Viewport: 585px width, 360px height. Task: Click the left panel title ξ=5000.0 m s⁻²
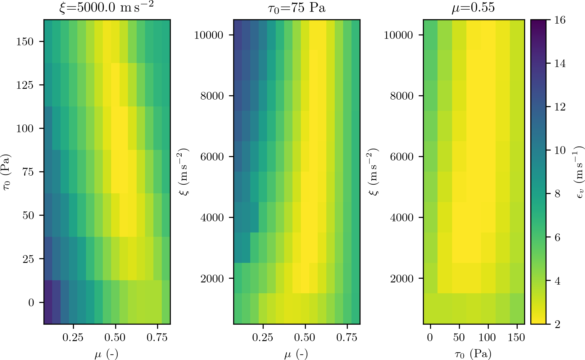click(x=107, y=7)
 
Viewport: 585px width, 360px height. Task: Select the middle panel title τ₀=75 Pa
click(x=297, y=7)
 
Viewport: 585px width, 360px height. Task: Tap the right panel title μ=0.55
click(x=473, y=7)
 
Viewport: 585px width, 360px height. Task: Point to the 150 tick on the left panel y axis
click(x=25, y=41)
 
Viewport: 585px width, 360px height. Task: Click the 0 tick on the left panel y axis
click(x=31, y=302)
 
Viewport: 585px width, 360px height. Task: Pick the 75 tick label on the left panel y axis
click(x=28, y=172)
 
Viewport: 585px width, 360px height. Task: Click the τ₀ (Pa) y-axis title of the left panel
click(x=7, y=172)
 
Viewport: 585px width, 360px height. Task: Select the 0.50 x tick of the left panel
click(x=115, y=337)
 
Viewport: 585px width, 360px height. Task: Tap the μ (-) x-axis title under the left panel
click(x=107, y=353)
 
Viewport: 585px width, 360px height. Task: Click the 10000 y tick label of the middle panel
click(x=209, y=35)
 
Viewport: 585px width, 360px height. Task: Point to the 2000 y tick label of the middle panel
click(x=212, y=278)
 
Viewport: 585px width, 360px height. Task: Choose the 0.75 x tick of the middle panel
click(x=347, y=337)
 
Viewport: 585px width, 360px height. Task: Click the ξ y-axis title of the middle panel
click(x=184, y=172)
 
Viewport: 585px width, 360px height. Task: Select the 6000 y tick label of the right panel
click(x=402, y=156)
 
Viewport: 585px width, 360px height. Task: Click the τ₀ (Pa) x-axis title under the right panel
click(x=473, y=353)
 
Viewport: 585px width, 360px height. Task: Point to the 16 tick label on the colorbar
click(x=560, y=20)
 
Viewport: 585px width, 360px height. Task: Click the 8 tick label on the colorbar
click(x=557, y=194)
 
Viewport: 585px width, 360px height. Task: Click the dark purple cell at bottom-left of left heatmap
click(x=48, y=302)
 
